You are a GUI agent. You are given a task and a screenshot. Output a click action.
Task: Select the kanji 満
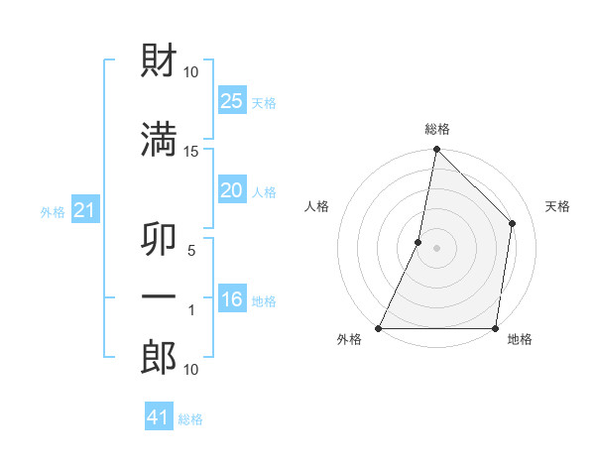pyautogui.click(x=159, y=138)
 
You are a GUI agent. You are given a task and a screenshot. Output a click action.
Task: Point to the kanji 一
pyautogui.click(x=159, y=296)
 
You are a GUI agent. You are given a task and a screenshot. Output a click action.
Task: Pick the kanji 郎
pyautogui.click(x=159, y=357)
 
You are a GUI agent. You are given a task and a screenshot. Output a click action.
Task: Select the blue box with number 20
pyautogui.click(x=232, y=190)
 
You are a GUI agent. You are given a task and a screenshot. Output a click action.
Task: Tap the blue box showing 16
pyautogui.click(x=232, y=299)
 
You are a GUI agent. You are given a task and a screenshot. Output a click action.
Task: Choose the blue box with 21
pyautogui.click(x=84, y=210)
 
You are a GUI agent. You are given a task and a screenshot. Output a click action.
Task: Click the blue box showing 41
pyautogui.click(x=159, y=417)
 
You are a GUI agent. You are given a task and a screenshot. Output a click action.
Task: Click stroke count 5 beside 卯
pyautogui.click(x=192, y=250)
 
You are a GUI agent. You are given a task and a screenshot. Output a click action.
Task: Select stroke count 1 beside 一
pyautogui.click(x=192, y=310)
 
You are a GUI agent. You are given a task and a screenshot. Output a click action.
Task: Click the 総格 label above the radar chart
pyautogui.click(x=436, y=129)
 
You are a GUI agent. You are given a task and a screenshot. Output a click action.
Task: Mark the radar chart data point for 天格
pyautogui.click(x=513, y=223)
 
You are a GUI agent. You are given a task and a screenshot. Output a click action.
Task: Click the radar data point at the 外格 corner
pyautogui.click(x=379, y=328)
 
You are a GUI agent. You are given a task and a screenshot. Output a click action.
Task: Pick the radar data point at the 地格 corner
pyautogui.click(x=495, y=328)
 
